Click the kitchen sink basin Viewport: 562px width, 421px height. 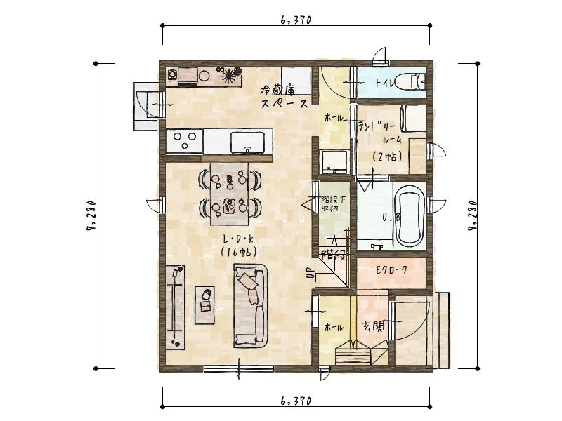coord(246,142)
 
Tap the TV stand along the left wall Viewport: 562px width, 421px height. coord(175,305)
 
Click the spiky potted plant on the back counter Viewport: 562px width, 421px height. coord(230,74)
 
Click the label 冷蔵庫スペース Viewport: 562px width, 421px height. coord(285,97)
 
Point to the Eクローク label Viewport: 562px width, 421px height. coord(391,270)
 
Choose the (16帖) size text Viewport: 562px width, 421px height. coord(237,251)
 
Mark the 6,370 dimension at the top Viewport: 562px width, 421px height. coord(296,20)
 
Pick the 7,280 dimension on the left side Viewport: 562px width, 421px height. coord(91,215)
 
